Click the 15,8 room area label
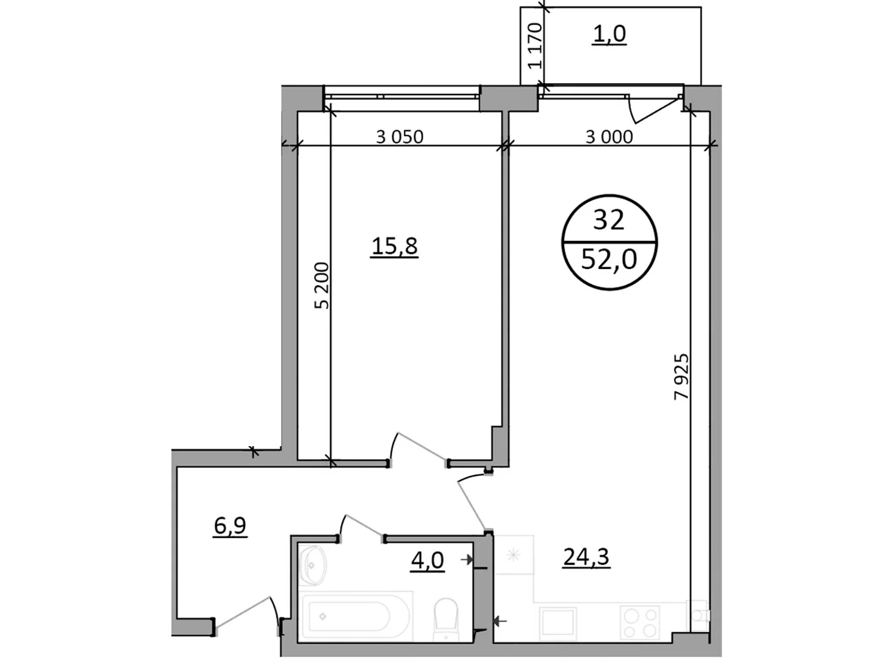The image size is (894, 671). pos(394,246)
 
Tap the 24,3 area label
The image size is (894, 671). pos(586,557)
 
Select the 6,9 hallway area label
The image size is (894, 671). pos(230,526)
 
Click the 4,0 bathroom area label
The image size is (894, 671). pos(427,560)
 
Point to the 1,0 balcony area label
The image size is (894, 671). pos(610,34)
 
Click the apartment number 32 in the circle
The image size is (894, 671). pos(608,220)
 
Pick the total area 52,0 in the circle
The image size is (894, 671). pos(608,259)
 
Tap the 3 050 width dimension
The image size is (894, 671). pos(400,136)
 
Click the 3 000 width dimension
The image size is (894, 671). pos(609,136)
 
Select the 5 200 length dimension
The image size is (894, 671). pos(322,285)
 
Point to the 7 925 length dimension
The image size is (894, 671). pos(682,376)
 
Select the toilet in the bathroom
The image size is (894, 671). pos(445,618)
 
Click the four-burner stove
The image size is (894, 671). pos(640,623)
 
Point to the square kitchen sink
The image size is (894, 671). pos(558,622)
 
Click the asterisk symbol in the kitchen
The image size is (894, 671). pos(513,555)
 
